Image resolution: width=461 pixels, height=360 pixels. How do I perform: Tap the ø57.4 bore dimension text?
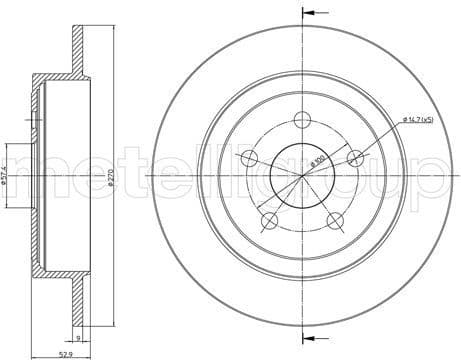pos(7,177)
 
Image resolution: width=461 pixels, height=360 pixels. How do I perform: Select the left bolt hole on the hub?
pos(249,157)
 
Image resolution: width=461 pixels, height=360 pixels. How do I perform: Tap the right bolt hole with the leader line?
pos(353,157)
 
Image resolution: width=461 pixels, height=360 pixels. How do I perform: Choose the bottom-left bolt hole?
pos(269,219)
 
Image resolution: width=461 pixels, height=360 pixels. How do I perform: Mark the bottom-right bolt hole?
pos(334,219)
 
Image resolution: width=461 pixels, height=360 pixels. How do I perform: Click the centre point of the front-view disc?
pos(302,176)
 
